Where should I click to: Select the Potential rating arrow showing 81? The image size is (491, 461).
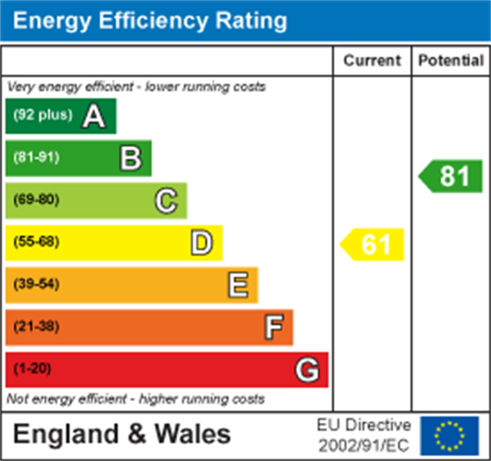tap(451, 176)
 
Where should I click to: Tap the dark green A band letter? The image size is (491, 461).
tap(94, 116)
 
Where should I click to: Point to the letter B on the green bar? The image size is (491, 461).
tap(130, 159)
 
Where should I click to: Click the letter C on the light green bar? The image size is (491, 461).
tap(166, 201)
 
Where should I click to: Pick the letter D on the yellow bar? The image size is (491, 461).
tap(201, 243)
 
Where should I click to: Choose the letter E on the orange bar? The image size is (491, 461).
tap(238, 285)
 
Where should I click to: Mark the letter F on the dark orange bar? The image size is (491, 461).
tap(273, 327)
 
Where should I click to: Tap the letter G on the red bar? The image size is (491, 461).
tap(308, 370)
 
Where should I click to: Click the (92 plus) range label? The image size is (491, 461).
tap(43, 115)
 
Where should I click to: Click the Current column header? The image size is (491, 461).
tap(372, 60)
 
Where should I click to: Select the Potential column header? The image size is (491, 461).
tap(451, 60)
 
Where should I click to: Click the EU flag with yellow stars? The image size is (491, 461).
tap(449, 436)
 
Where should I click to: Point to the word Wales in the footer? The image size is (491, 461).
tap(192, 434)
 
